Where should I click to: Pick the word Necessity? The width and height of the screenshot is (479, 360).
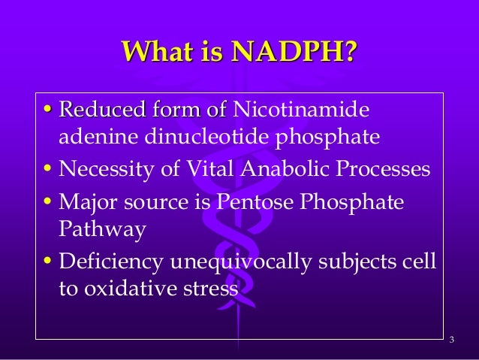(105, 168)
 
